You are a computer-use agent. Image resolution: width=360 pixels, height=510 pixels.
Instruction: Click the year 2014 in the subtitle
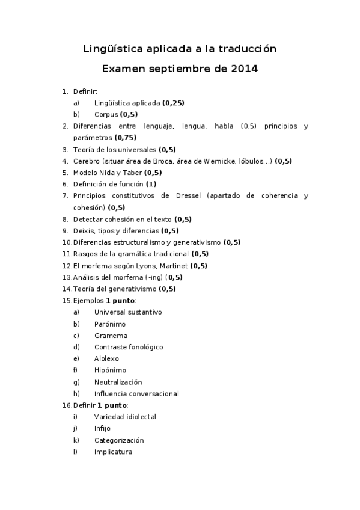point(244,69)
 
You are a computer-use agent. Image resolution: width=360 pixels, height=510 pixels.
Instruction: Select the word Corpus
point(106,114)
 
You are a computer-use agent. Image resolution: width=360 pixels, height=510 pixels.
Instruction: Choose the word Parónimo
point(110,324)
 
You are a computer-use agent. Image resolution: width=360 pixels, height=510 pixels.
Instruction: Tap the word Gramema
point(111,336)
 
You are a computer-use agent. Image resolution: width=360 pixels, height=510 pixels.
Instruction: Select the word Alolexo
point(106,359)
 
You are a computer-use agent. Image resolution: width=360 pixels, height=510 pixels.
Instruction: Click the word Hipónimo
point(110,370)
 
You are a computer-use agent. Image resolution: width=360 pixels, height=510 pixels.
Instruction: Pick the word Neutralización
point(118,382)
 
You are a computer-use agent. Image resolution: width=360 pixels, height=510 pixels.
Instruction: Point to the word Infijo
point(102,429)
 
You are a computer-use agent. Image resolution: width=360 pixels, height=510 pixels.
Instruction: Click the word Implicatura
point(113,452)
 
